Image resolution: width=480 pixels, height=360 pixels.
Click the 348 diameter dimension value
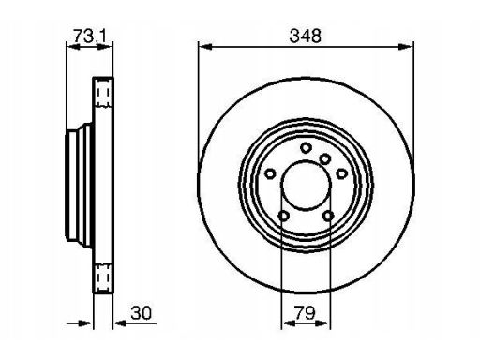point(305,36)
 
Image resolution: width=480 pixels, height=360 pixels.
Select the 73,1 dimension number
point(90,36)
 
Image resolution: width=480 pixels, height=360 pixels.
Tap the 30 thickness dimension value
point(142,313)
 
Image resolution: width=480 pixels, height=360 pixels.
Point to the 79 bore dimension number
point(305,313)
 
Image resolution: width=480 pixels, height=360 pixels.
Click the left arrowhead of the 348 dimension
point(205,47)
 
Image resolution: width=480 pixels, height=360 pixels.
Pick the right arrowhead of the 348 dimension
point(406,47)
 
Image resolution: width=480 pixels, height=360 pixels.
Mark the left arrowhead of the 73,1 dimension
point(74,47)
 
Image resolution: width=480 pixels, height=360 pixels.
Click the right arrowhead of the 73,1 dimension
point(105,47)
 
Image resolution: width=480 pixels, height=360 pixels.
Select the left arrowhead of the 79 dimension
point(289,323)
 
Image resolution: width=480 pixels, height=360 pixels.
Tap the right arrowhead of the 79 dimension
point(322,323)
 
